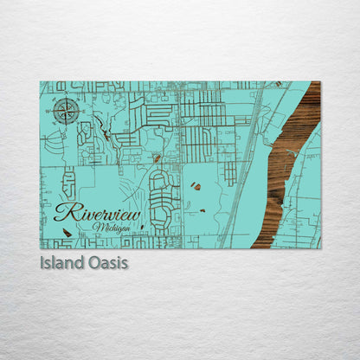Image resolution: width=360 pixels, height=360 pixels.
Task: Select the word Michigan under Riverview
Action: click(x=110, y=227)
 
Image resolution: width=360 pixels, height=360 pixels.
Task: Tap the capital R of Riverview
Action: click(x=63, y=213)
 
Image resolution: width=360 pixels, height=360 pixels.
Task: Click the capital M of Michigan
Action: click(x=96, y=227)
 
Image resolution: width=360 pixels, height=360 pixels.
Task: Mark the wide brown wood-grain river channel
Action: click(x=286, y=164)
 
